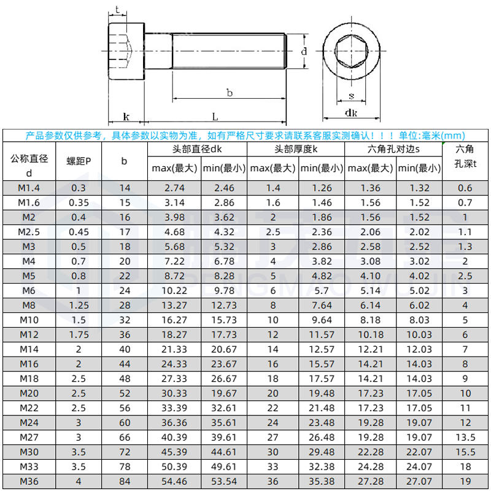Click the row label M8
coord(29,305)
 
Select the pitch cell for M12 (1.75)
coord(79,334)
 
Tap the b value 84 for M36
coord(125,482)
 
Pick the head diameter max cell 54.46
coord(174,482)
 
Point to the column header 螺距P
coord(79,161)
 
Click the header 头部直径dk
coord(197,149)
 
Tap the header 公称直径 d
coord(29,166)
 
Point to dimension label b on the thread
coord(229,93)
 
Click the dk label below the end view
coord(351,112)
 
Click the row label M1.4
coord(29,188)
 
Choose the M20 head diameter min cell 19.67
coord(224,393)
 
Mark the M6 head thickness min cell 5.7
coord(322,290)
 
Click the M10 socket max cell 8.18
coord(370,320)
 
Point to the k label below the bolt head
coord(126,116)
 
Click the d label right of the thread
coord(304,52)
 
